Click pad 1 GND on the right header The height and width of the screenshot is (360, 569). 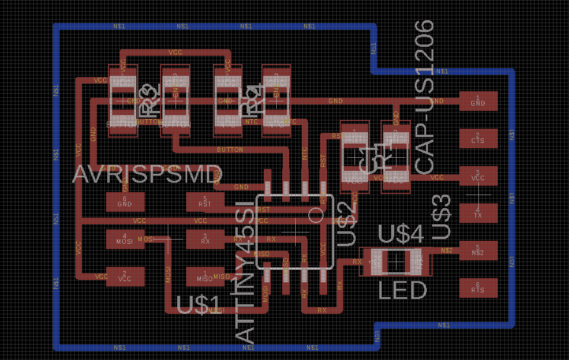point(478,101)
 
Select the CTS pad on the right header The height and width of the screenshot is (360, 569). point(478,138)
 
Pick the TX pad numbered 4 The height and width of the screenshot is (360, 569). point(478,212)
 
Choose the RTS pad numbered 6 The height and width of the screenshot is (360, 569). point(478,288)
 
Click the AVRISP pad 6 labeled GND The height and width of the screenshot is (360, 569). point(124,202)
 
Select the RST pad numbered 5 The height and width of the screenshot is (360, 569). point(205,202)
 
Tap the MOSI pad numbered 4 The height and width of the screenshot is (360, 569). point(124,239)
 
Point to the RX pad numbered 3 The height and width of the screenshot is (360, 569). point(205,239)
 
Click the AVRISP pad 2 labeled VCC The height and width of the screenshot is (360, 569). point(124,276)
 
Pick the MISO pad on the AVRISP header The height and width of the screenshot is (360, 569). point(205,276)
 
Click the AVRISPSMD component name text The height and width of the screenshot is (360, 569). point(147,174)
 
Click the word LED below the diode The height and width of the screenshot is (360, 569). point(402,291)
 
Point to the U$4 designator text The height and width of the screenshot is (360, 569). point(401,235)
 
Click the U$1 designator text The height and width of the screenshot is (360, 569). point(199,305)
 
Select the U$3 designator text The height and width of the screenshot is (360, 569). point(442,217)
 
